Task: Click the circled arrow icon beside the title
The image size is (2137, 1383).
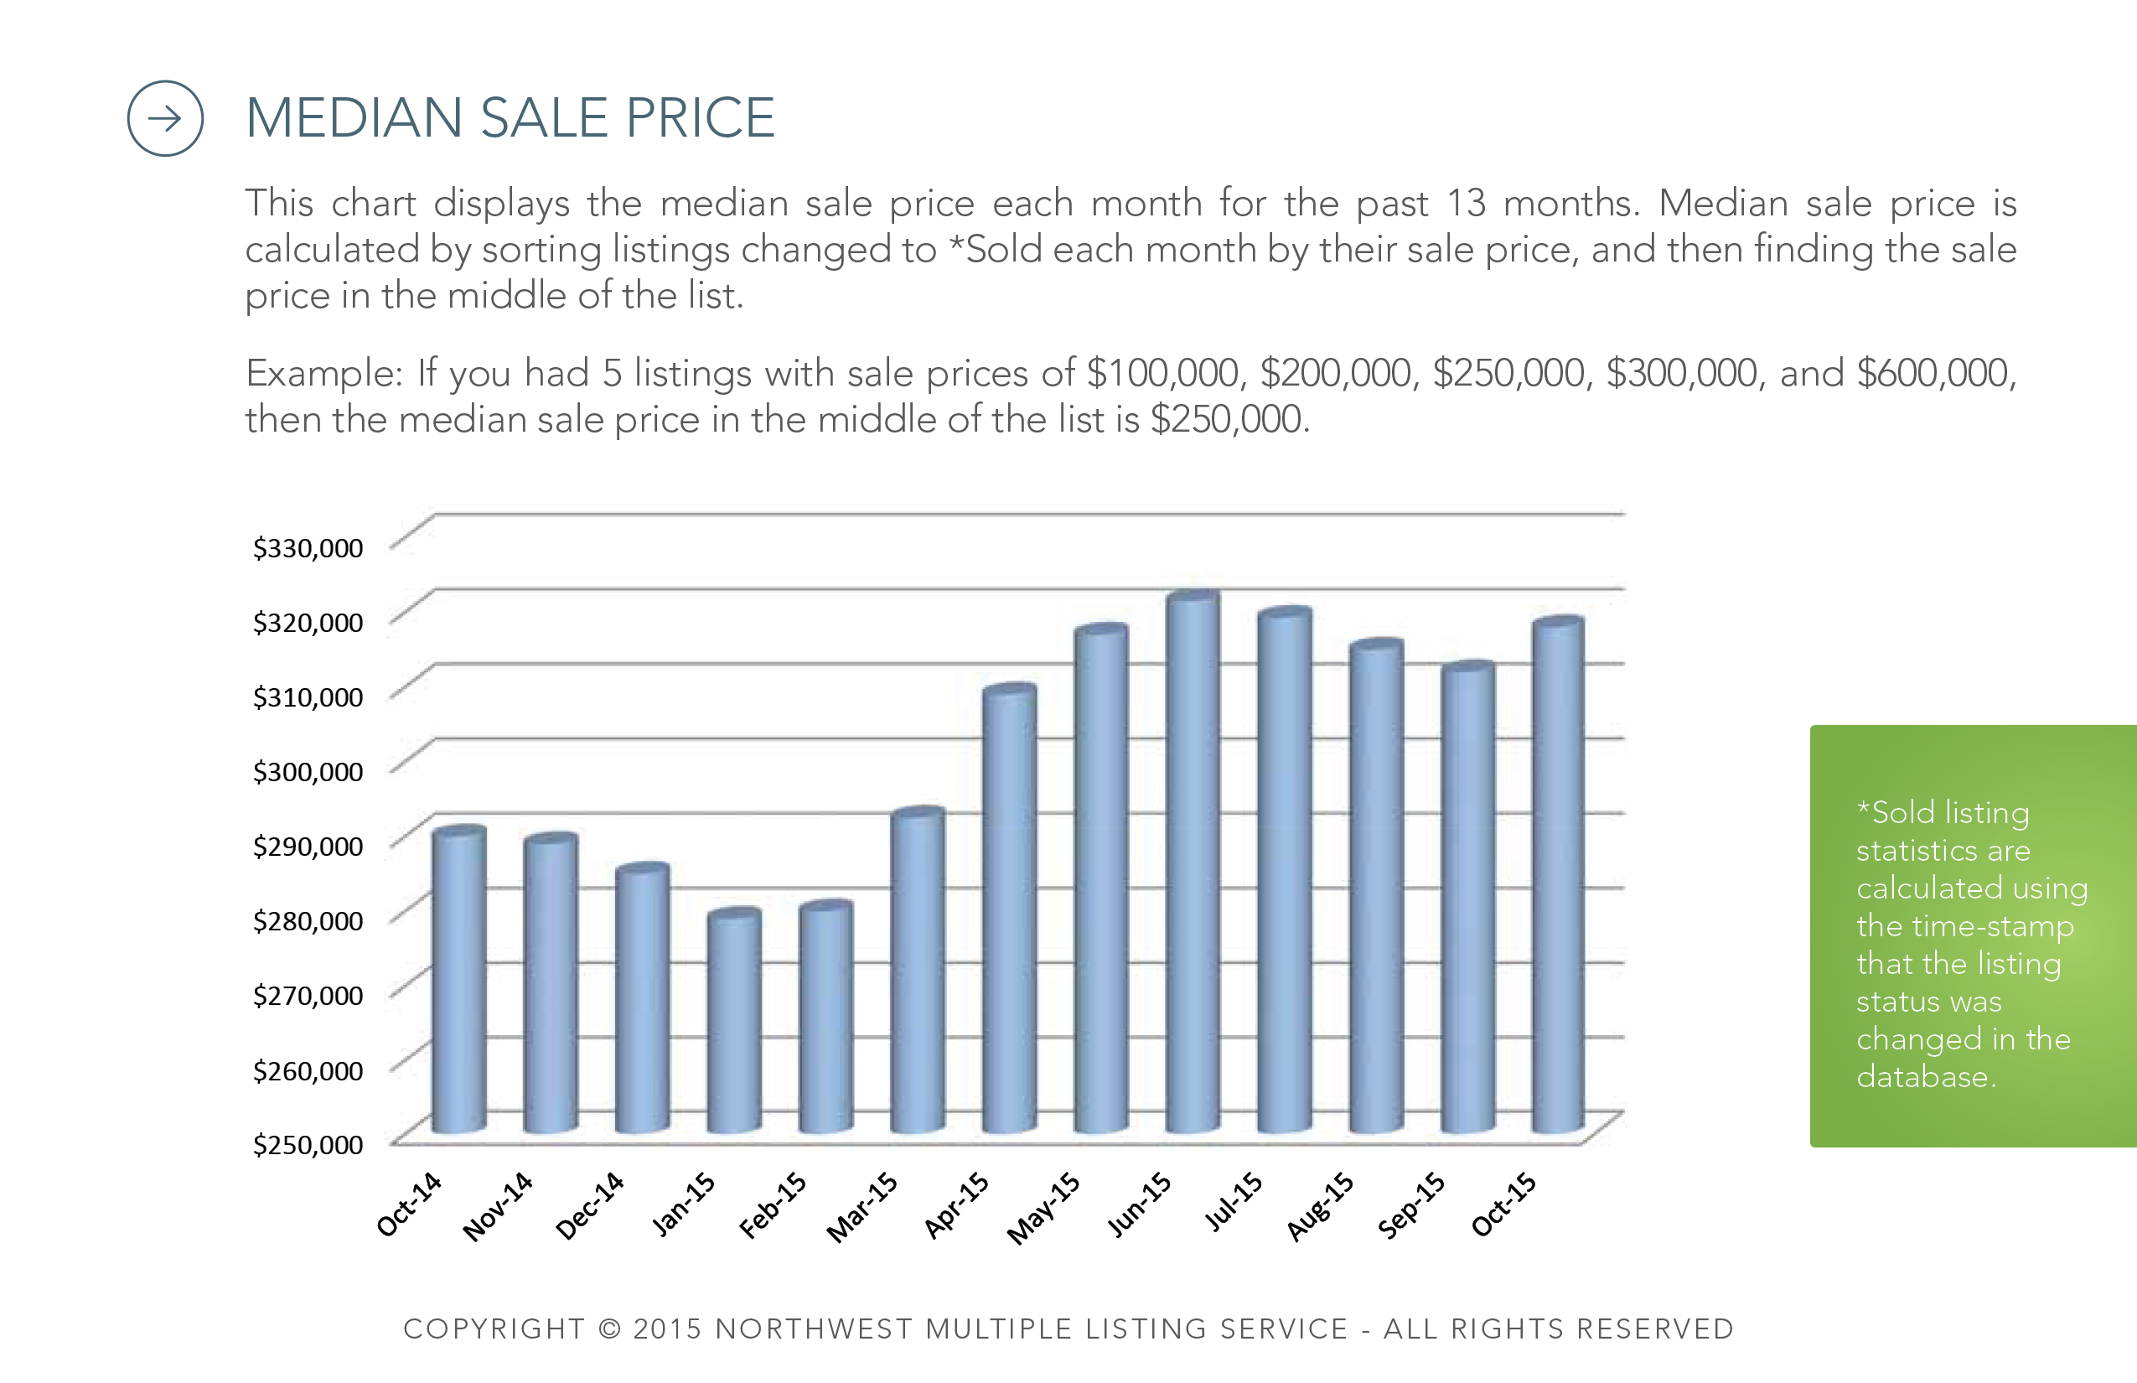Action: pos(165,118)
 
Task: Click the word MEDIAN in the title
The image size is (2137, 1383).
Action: pos(354,117)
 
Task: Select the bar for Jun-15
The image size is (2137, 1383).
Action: pos(1193,862)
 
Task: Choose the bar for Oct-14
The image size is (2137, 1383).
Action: pos(459,980)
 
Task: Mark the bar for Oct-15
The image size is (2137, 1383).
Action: pos(1558,876)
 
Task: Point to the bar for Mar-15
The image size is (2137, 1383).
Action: pos(917,971)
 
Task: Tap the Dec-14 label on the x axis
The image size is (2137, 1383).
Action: pos(590,1205)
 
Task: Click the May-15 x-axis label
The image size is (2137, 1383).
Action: pos(1043,1209)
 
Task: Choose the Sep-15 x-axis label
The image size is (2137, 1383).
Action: pos(1410,1205)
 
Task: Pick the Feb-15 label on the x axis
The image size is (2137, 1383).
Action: pos(773,1205)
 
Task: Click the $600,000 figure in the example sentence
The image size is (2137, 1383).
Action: pos(1935,374)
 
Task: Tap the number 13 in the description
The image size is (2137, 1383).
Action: pos(1467,204)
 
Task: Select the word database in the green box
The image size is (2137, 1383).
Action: pos(1926,1076)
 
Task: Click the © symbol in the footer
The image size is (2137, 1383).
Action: pos(610,1329)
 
